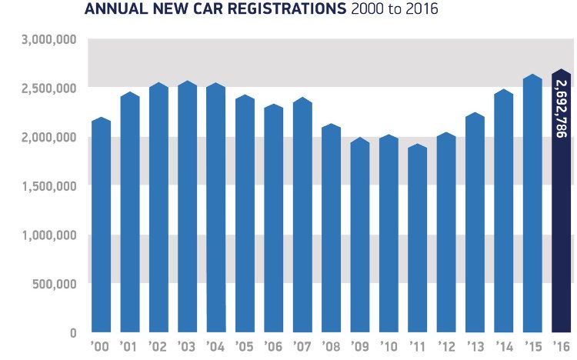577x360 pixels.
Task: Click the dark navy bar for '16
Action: (x=562, y=231)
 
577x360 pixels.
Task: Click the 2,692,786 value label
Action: (x=562, y=108)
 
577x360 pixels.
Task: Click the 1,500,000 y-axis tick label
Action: (x=45, y=185)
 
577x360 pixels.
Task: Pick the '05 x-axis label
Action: (x=245, y=346)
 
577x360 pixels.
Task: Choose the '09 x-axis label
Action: (x=360, y=346)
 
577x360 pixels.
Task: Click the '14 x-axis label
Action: (x=504, y=346)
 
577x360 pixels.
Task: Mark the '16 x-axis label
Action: (x=562, y=346)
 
